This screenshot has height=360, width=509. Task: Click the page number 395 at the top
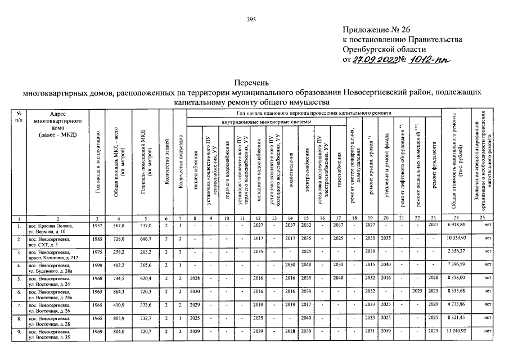tap(251, 20)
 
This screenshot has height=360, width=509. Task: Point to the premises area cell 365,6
tap(146, 265)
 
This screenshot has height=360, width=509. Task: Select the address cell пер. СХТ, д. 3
tap(44, 241)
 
